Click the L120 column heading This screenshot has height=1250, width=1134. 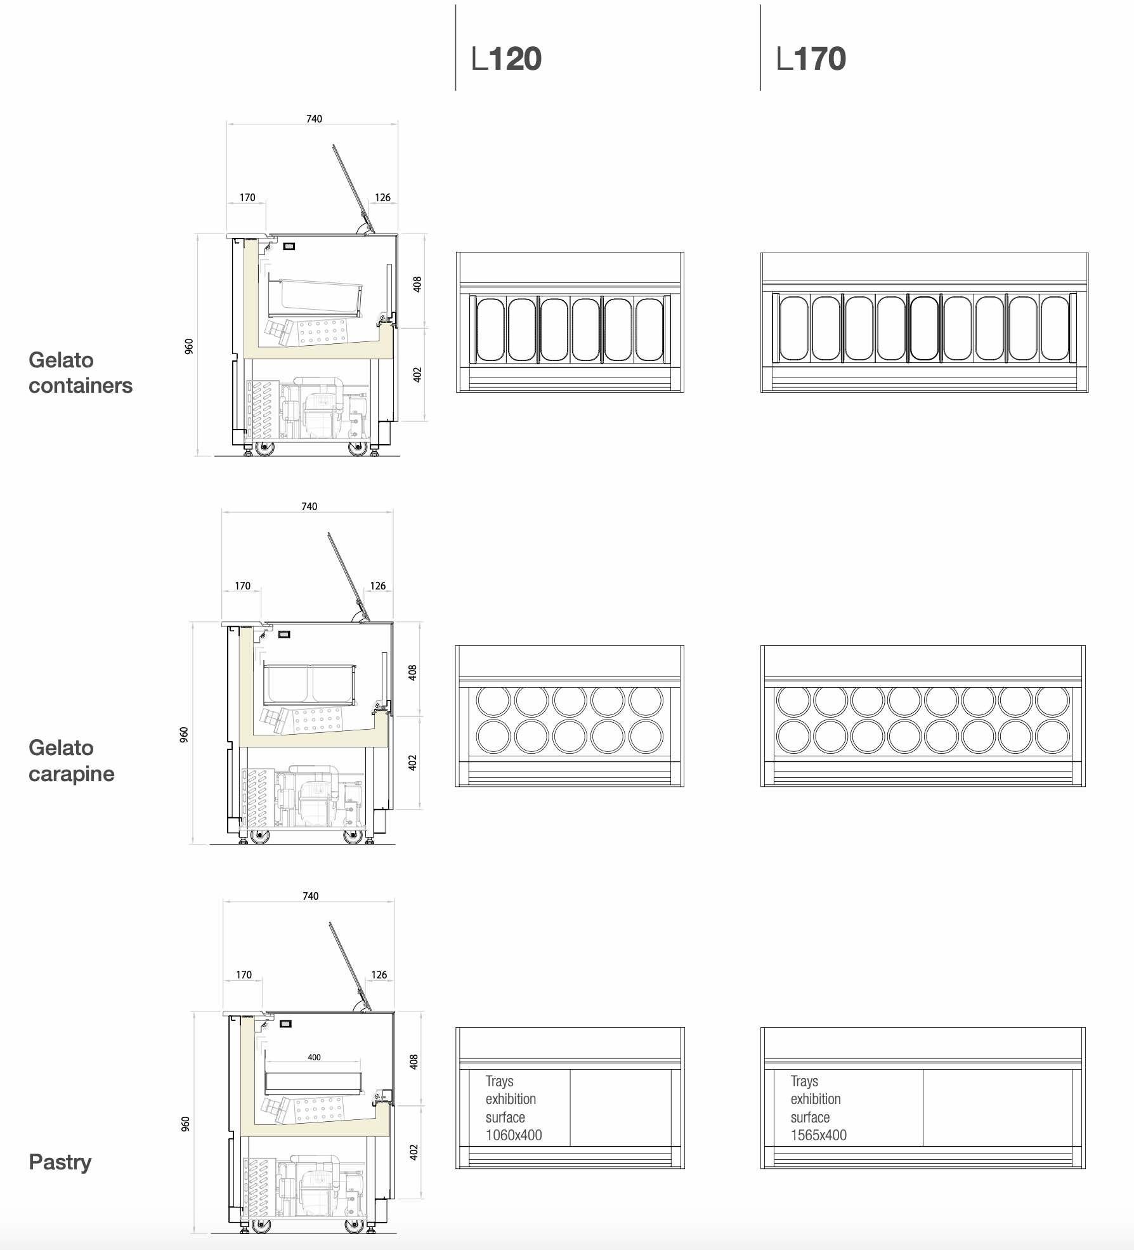[506, 59]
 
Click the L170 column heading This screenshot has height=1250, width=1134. [811, 59]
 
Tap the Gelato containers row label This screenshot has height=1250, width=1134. [81, 372]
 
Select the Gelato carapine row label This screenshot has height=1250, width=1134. [72, 760]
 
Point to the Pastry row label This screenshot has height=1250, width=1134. [60, 1162]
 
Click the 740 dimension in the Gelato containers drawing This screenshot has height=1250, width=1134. [314, 119]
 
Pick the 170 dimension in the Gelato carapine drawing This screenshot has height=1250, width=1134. [242, 586]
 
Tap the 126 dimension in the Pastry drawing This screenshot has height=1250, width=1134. [379, 975]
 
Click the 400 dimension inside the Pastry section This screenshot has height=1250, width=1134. [314, 1057]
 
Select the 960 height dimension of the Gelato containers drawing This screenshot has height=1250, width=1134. [189, 346]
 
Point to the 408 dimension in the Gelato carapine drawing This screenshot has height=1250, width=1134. [413, 673]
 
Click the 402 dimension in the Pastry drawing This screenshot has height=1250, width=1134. [414, 1152]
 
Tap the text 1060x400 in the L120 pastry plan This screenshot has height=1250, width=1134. [514, 1135]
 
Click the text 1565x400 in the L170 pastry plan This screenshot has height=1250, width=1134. [818, 1135]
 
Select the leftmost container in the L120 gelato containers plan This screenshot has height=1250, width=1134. [490, 330]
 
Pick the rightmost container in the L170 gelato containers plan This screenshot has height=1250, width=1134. [1054, 329]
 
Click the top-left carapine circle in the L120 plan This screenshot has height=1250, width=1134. [493, 701]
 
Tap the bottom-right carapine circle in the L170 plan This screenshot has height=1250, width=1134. [1052, 737]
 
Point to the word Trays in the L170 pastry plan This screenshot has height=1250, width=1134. [804, 1081]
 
